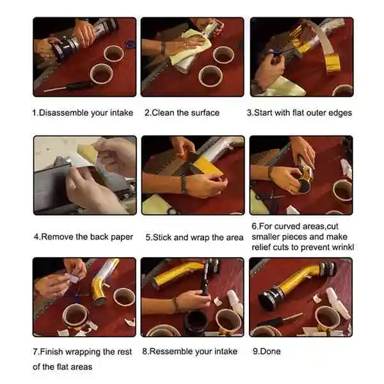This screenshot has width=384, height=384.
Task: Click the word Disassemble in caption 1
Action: (x=63, y=113)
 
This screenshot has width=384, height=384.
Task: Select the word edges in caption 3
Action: (x=340, y=113)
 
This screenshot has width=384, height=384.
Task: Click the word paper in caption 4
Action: (x=122, y=237)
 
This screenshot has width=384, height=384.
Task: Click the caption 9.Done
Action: (x=267, y=351)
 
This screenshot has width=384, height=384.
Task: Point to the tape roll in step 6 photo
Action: (x=343, y=191)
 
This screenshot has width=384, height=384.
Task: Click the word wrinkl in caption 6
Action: (x=343, y=247)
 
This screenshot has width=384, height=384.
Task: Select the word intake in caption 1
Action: (x=122, y=113)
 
